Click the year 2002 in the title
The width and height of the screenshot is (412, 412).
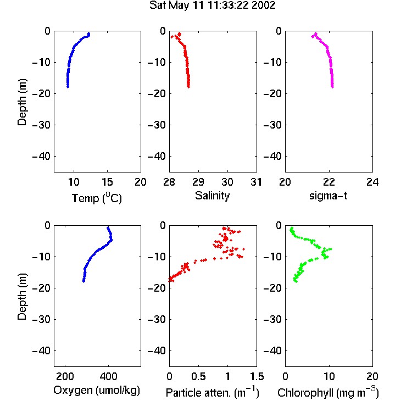[264, 5]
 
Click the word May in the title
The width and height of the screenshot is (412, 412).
[179, 5]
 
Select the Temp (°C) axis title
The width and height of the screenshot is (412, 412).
[97, 198]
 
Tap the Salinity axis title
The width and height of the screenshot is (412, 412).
[212, 196]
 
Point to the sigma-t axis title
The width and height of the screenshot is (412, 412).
[328, 196]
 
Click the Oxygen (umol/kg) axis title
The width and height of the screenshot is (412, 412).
[97, 390]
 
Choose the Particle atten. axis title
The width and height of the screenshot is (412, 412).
[212, 392]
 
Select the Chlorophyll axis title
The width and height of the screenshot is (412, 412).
[328, 392]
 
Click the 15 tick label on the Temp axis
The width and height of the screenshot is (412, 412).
[107, 182]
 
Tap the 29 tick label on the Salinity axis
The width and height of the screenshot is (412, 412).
[198, 182]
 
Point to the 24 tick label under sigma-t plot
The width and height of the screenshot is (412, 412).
[372, 182]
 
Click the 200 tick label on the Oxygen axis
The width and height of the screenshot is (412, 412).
[65, 376]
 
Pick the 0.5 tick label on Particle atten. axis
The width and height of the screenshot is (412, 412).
[198, 376]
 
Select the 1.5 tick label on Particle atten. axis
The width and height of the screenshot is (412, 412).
[257, 376]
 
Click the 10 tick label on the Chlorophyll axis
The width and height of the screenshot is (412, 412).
[329, 376]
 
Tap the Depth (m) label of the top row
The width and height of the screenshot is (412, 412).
[22, 102]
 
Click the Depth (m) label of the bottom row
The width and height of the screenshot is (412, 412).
[22, 297]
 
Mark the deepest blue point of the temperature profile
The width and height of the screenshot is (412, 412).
[68, 86]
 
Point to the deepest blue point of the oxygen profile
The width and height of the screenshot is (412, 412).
[83, 281]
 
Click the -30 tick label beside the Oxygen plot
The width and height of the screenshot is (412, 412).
[41, 320]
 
